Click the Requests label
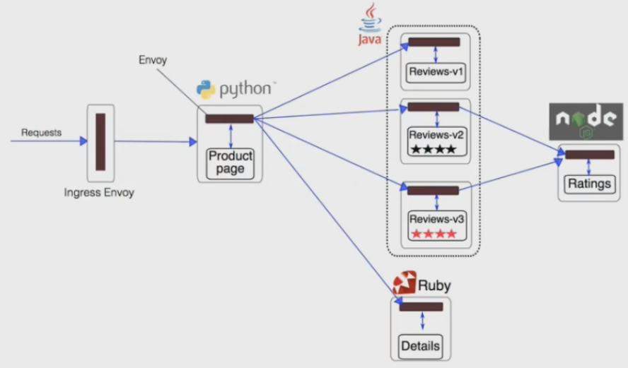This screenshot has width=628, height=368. (x=41, y=132)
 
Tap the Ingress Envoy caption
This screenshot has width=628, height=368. (x=99, y=192)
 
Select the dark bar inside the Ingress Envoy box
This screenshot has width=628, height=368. (x=100, y=141)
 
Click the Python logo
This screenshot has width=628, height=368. (x=206, y=90)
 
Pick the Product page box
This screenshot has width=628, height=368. (x=231, y=162)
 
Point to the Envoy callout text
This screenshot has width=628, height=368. (x=153, y=60)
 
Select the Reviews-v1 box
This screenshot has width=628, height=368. (x=435, y=72)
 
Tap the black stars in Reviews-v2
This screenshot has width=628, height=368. (x=435, y=150)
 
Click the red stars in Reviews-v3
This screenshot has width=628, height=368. (x=434, y=233)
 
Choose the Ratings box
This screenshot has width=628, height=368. (x=589, y=184)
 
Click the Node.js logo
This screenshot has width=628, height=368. (x=586, y=121)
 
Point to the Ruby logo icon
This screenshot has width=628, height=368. (x=404, y=284)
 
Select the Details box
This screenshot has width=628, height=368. (x=421, y=346)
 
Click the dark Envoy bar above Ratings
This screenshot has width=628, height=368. (x=589, y=155)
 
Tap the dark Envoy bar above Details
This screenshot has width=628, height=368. (x=421, y=307)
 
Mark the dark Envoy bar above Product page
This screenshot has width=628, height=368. (x=229, y=119)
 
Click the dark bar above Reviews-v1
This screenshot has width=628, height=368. (x=434, y=42)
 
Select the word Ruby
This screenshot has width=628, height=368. (x=434, y=286)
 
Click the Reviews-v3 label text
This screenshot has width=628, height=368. (x=434, y=218)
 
